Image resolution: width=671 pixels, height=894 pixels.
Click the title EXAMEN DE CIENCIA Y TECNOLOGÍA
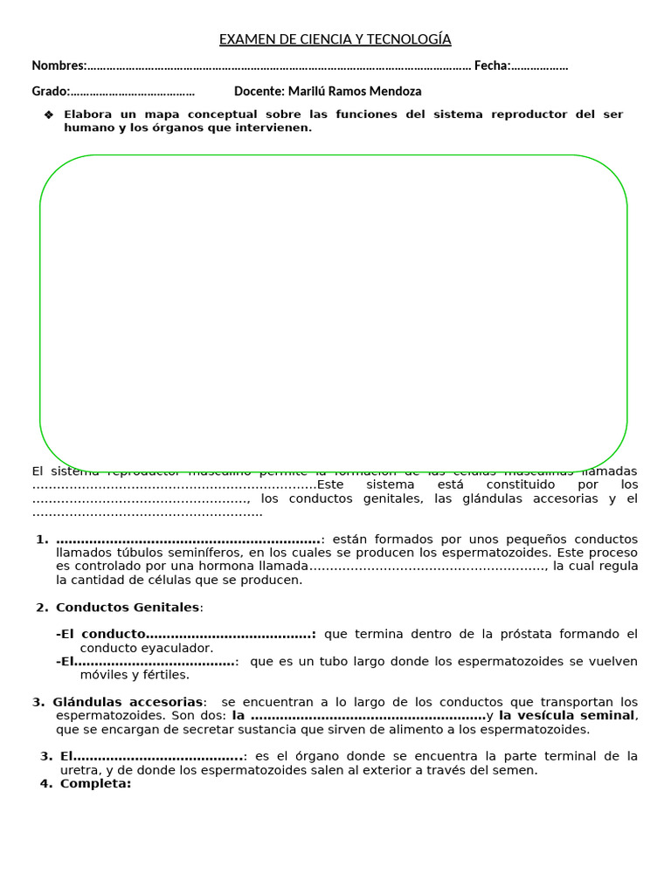[335, 39]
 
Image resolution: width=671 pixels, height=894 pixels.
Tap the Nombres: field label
[59, 65]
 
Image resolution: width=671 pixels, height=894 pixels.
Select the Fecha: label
[492, 65]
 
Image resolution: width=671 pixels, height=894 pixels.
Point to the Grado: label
[51, 91]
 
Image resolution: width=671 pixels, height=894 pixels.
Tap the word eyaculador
[178, 648]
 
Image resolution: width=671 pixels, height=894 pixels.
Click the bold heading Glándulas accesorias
[128, 702]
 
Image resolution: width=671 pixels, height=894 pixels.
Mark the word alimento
[433, 729]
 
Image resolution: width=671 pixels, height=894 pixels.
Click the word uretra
[80, 770]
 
